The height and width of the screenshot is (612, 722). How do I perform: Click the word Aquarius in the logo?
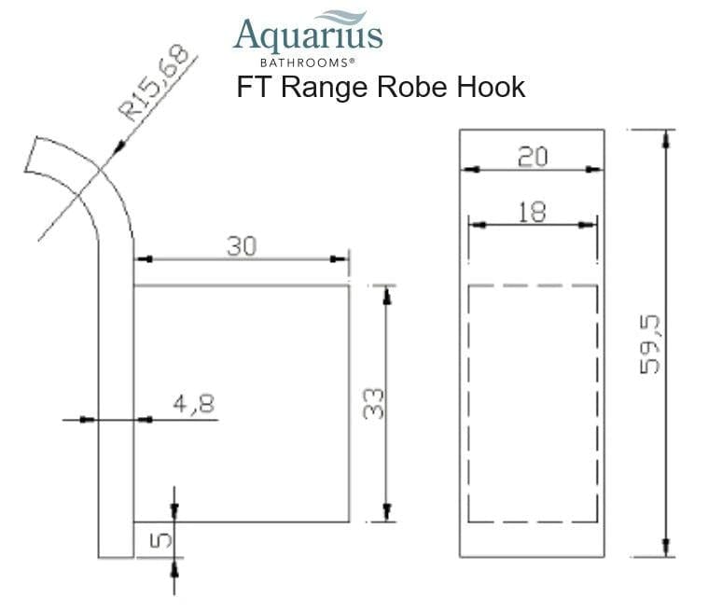[307, 36]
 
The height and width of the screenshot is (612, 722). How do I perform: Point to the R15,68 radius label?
[157, 83]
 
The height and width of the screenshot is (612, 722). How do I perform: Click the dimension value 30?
[242, 246]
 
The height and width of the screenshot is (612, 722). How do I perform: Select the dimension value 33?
[373, 403]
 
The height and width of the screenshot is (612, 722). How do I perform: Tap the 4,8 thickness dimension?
[192, 404]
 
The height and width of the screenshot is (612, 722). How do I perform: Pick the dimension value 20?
[532, 156]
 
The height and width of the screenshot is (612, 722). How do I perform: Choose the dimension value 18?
[532, 212]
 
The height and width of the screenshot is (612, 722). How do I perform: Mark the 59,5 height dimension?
[650, 343]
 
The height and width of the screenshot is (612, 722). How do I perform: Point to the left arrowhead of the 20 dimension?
[469, 170]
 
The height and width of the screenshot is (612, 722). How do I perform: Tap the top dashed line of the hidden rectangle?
[532, 285]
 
